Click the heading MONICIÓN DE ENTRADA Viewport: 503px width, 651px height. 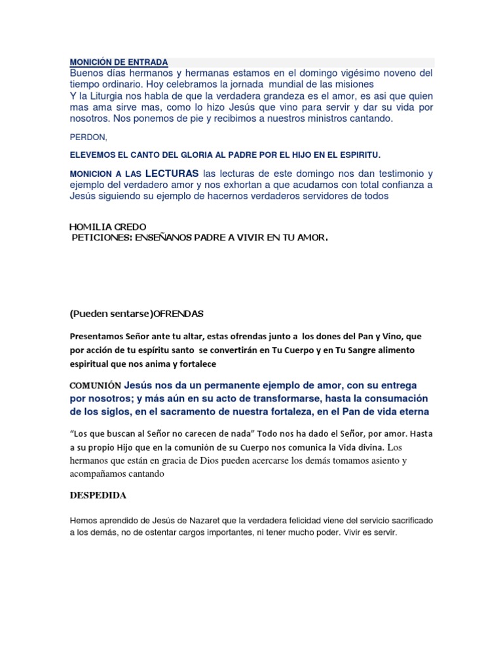pos(119,62)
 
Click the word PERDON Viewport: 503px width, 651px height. pos(87,138)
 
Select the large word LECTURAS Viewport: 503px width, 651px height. pos(172,174)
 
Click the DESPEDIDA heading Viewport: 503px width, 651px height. pos(98,495)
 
